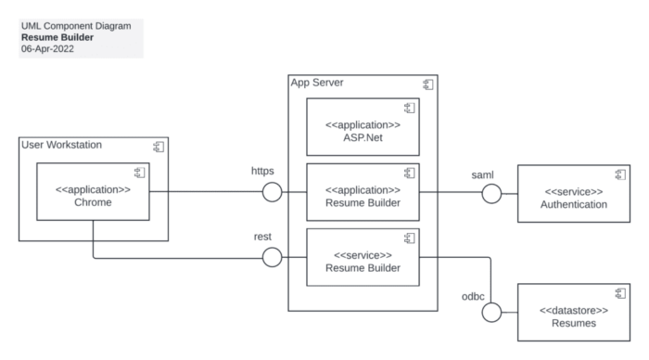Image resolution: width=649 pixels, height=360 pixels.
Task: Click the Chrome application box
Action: pyautogui.click(x=93, y=193)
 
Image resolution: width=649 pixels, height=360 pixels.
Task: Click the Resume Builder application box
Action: pyautogui.click(x=363, y=193)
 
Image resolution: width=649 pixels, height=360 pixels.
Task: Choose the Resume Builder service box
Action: pyautogui.click(x=363, y=259)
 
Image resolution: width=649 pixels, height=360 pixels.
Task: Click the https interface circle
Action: pyautogui.click(x=273, y=193)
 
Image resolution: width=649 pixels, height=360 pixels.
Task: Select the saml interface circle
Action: pyautogui.click(x=491, y=193)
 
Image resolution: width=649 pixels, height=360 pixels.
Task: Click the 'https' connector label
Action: pyautogui.click(x=263, y=172)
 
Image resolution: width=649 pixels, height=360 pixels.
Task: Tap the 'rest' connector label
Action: pyautogui.click(x=261, y=237)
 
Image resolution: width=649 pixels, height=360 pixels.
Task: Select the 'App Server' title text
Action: pyautogui.click(x=317, y=83)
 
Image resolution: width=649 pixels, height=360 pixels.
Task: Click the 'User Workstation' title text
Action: pyautogui.click(x=62, y=145)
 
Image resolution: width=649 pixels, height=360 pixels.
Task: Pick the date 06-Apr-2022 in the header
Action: pyautogui.click(x=47, y=48)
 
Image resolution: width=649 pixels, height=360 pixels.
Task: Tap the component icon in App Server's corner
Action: pyautogui.click(x=428, y=84)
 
